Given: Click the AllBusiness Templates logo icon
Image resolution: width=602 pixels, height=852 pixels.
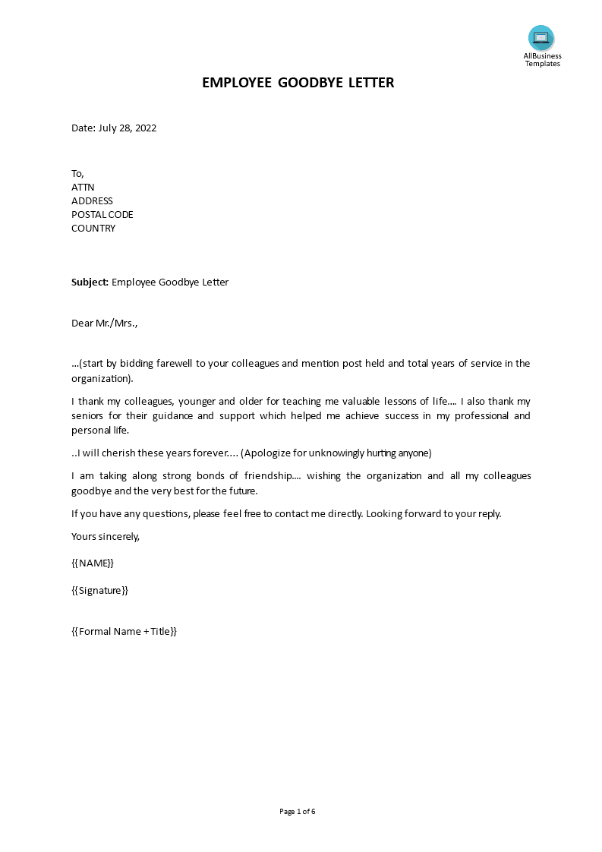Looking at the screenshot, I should pyautogui.click(x=541, y=38).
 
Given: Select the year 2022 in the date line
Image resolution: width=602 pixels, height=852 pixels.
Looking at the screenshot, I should pyautogui.click(x=144, y=128).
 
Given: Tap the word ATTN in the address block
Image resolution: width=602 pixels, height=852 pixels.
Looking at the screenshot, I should pyautogui.click(x=83, y=187).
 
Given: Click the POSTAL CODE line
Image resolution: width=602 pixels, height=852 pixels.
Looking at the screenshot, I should pyautogui.click(x=102, y=214).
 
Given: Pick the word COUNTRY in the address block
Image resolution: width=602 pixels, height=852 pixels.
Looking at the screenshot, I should pyautogui.click(x=93, y=228).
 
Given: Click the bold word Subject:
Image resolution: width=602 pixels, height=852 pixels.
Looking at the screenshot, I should pyautogui.click(x=90, y=282).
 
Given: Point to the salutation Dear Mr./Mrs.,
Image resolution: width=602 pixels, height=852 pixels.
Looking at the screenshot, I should pyautogui.click(x=105, y=323).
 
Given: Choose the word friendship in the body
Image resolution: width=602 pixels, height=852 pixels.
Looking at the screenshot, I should pyautogui.click(x=260, y=476).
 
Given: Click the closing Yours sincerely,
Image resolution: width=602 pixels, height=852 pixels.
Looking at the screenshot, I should pyautogui.click(x=106, y=536).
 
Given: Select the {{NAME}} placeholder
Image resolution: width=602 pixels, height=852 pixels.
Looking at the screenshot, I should pyautogui.click(x=93, y=563).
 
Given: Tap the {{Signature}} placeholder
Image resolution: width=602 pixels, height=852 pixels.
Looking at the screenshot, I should pyautogui.click(x=99, y=590).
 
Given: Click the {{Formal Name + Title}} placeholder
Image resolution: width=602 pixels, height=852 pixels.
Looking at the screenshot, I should pyautogui.click(x=124, y=631).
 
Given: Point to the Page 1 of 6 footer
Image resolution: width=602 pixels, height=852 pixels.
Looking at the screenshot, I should pyautogui.click(x=298, y=812).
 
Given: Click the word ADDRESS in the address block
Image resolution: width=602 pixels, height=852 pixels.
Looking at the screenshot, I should pyautogui.click(x=92, y=200).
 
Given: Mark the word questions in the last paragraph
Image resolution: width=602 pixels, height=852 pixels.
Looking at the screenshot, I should pyautogui.click(x=167, y=513).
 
